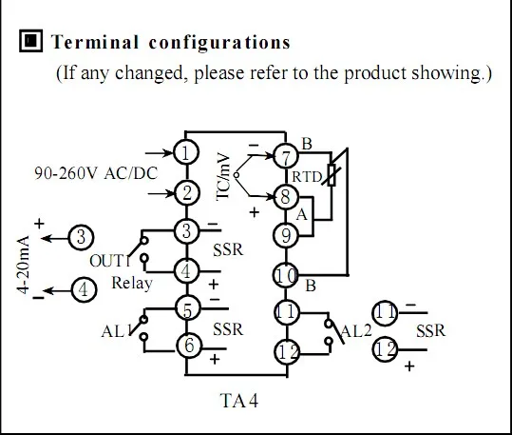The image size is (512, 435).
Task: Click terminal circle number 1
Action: tap(186, 152)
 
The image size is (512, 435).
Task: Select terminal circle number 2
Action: tap(186, 193)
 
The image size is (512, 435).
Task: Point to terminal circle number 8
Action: tap(285, 198)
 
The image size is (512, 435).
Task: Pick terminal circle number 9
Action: tap(285, 234)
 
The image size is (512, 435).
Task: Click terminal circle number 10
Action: tap(285, 276)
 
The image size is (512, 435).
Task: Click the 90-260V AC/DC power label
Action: tap(94, 174)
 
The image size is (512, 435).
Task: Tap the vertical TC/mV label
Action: tap(225, 175)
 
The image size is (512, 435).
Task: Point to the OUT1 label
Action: tap(107, 261)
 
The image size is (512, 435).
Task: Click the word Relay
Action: tap(131, 283)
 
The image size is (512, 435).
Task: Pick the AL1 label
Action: tap(114, 331)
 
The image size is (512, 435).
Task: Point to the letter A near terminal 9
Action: tap(303, 216)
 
